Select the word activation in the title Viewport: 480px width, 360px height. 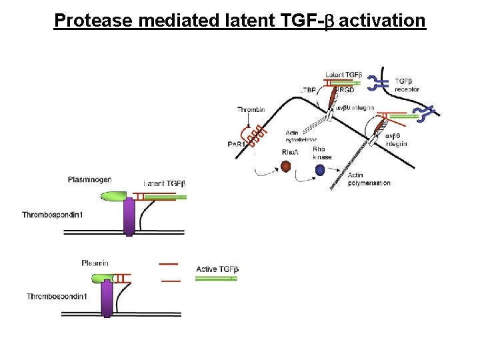tap(382, 21)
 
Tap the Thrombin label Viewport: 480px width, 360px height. tap(251, 109)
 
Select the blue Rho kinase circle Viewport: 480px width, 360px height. tap(320, 170)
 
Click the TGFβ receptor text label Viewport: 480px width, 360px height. tap(407, 85)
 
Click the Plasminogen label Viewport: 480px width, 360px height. tap(89, 179)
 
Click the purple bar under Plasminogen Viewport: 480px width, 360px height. tap(129, 217)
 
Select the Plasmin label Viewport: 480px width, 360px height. tap(95, 263)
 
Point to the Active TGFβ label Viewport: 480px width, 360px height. tap(217, 269)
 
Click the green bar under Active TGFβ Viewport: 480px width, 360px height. tap(216, 278)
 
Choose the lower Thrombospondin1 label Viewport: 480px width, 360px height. tap(57, 296)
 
